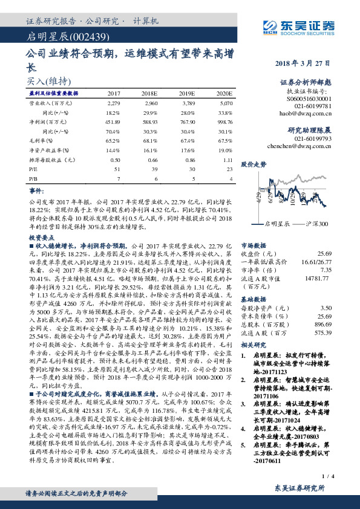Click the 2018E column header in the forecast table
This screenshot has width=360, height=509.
[149, 94]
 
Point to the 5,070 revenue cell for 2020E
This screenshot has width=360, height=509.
[224, 103]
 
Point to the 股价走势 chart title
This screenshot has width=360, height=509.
[254, 164]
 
